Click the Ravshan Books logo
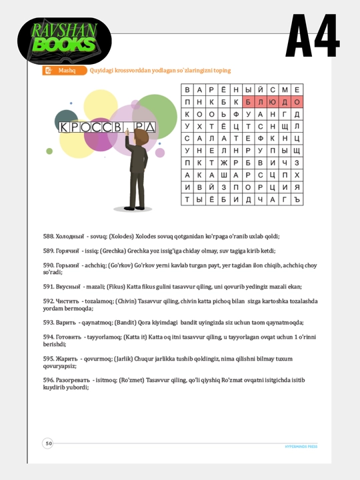[x=64, y=41]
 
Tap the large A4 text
[x=312, y=35]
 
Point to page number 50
[x=49, y=443]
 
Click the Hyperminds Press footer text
[x=301, y=447]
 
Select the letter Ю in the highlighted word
[x=273, y=102]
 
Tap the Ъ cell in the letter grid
[x=297, y=199]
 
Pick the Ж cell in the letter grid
[x=224, y=163]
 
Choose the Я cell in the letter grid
[x=297, y=187]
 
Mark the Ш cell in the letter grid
[x=224, y=175]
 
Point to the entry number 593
[x=49, y=323]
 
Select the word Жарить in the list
[x=67, y=359]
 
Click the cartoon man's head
[x=141, y=136]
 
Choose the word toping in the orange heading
[x=222, y=71]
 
